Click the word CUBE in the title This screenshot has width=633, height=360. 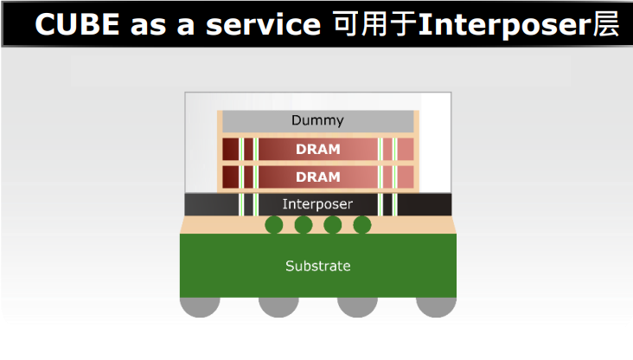tap(77, 24)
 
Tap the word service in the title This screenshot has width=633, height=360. tap(263, 25)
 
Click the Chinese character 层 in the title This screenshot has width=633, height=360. tap(606, 24)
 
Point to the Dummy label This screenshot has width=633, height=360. tap(317, 120)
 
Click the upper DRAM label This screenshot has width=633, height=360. tap(318, 149)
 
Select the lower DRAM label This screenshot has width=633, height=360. tap(318, 177)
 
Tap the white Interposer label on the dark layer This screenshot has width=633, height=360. tap(317, 204)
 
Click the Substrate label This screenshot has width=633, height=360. tap(318, 266)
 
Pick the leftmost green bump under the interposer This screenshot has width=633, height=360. tap(274, 225)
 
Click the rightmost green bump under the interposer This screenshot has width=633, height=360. tap(362, 225)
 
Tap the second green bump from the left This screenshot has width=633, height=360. tap(304, 225)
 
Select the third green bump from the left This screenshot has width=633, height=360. tap(333, 225)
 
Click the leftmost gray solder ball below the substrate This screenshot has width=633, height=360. tap(200, 306)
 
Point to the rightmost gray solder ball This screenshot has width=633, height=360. tap(437, 306)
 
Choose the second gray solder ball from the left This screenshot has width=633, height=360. tap(278, 306)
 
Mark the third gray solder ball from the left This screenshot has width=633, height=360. tap(358, 306)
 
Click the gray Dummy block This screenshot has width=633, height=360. tap(318, 121)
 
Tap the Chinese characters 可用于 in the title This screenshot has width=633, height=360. tap(374, 24)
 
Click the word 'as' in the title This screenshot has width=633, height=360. tap(148, 26)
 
